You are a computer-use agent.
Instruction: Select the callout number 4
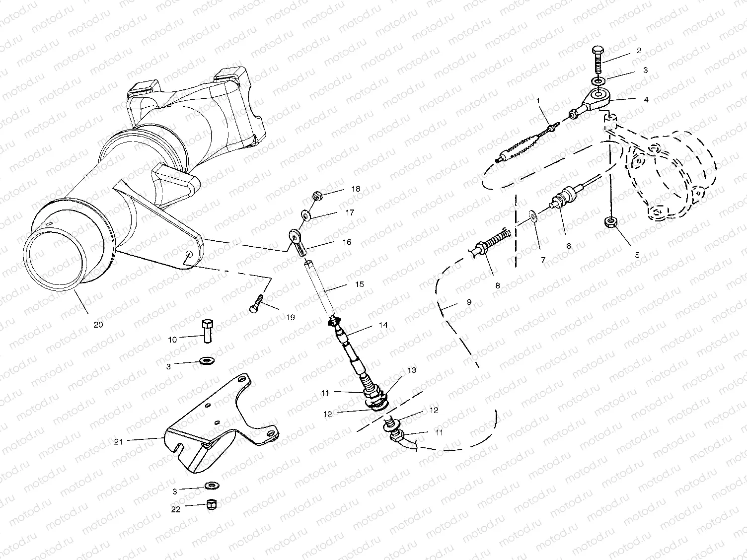(x=646, y=99)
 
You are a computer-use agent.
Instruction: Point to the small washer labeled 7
(x=534, y=216)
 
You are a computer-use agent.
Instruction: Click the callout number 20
(x=98, y=325)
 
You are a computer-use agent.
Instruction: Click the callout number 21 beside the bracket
(x=119, y=440)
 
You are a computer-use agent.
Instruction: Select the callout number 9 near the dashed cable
(x=469, y=302)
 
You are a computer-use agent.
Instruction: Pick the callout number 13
(x=411, y=370)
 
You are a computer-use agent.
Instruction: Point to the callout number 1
(x=537, y=101)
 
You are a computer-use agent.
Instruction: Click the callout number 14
(x=383, y=325)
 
